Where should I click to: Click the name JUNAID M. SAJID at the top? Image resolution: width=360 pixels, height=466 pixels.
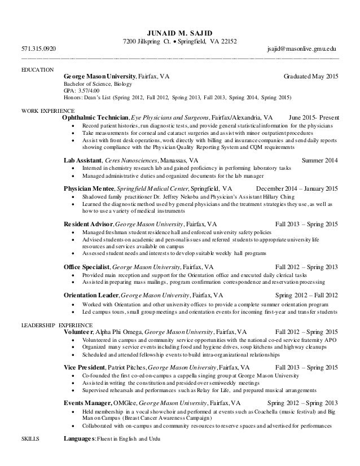point(180,32)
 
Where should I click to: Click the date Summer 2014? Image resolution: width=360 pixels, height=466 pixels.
point(320,160)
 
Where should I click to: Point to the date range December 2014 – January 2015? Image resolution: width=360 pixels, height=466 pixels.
point(297,189)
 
